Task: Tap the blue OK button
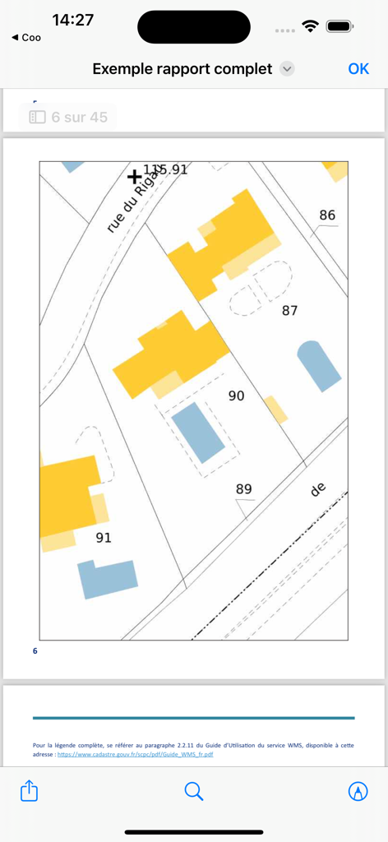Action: tap(358, 69)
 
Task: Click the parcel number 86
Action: tap(327, 215)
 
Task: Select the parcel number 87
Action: tap(289, 310)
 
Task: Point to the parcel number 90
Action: tap(236, 396)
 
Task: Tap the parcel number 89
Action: tap(243, 489)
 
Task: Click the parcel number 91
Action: tap(104, 538)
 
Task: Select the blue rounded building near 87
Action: tap(319, 366)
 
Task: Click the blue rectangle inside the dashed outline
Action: tap(197, 432)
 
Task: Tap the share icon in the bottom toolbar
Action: tap(29, 791)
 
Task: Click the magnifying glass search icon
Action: tap(194, 791)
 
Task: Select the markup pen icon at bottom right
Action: tap(358, 791)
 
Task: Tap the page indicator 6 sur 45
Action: tap(68, 117)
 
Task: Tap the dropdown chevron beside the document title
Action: tap(287, 69)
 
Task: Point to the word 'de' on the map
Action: tap(318, 489)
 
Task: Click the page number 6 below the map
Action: tap(35, 651)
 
